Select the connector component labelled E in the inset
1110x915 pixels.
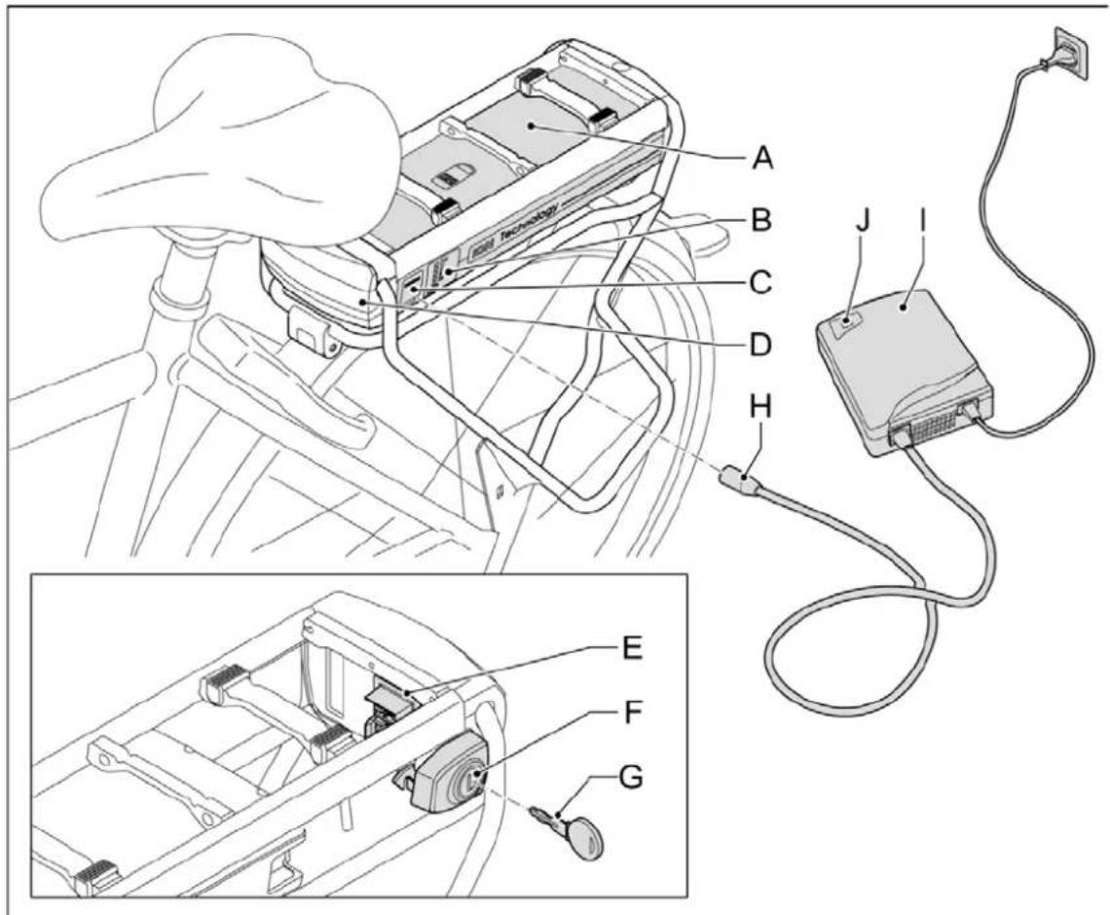tap(388, 702)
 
